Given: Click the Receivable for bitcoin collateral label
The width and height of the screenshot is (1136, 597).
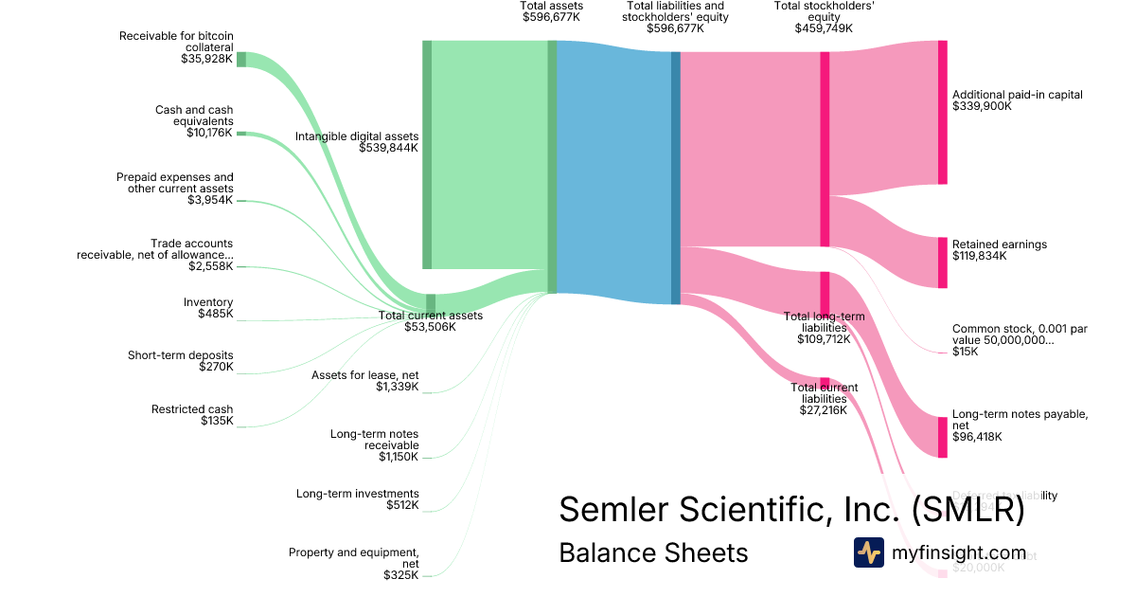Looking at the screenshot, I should click(x=176, y=42).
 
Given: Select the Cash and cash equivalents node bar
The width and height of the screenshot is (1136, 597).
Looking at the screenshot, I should click(x=240, y=134).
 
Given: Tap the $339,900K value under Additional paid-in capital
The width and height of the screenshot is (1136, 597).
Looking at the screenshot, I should click(x=982, y=107).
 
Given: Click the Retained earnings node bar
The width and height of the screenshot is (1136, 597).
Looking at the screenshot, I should click(x=942, y=262).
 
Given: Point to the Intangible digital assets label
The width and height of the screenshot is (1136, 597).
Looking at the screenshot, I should click(x=356, y=136).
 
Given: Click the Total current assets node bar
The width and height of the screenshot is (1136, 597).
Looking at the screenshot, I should click(x=431, y=303).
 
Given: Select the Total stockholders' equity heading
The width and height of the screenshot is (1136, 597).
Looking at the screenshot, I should click(x=824, y=10).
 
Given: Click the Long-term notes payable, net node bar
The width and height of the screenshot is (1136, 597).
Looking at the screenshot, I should click(x=942, y=437).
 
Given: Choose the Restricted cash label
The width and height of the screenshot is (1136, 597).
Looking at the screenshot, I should click(x=192, y=409).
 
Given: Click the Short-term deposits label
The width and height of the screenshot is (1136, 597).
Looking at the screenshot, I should click(x=180, y=355).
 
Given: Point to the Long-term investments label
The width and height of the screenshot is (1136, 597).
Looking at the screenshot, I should click(x=357, y=494).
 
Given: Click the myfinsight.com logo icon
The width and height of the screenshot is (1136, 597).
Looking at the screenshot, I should click(x=868, y=552).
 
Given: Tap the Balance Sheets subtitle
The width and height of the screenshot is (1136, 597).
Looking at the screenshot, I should click(x=653, y=552).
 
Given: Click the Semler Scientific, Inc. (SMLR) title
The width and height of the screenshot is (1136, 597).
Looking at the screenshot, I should click(x=791, y=510).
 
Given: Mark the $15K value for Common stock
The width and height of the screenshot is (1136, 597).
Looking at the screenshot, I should click(x=966, y=352).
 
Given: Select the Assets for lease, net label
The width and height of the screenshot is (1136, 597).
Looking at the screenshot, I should click(x=364, y=375).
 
